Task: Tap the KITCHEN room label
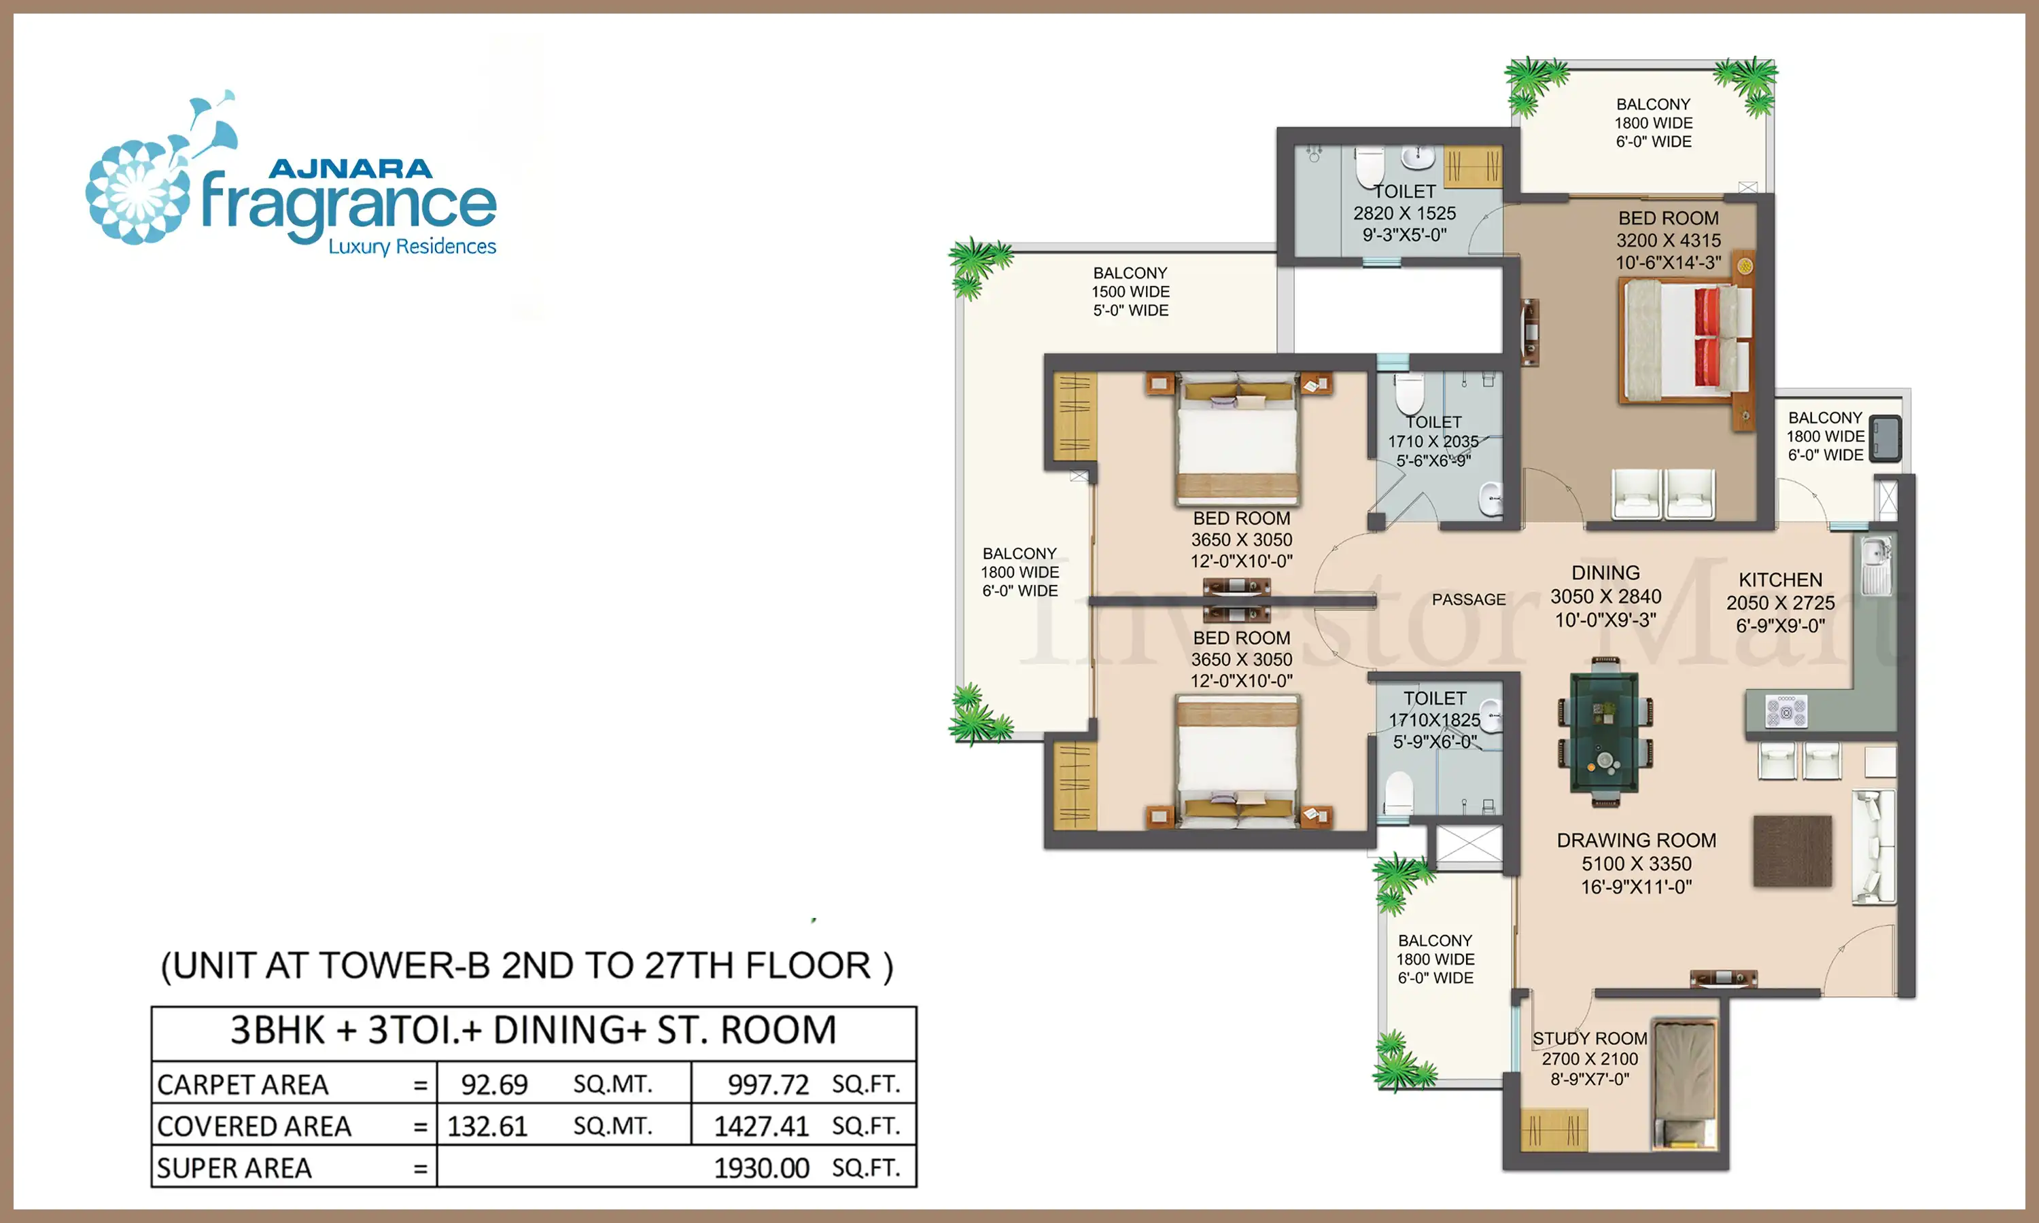(x=1780, y=580)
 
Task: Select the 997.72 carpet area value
(x=768, y=1084)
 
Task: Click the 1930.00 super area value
(x=761, y=1168)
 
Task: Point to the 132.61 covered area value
(x=487, y=1127)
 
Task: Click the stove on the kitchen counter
(x=1786, y=711)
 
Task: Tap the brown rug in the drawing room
(x=1792, y=851)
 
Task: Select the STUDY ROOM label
(x=1590, y=1038)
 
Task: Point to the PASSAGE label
(x=1469, y=600)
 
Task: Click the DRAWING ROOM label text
(x=1636, y=840)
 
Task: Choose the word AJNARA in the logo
(x=349, y=169)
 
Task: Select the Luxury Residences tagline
(x=412, y=247)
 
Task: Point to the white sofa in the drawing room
(x=1873, y=847)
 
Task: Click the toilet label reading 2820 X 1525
(x=1404, y=213)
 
